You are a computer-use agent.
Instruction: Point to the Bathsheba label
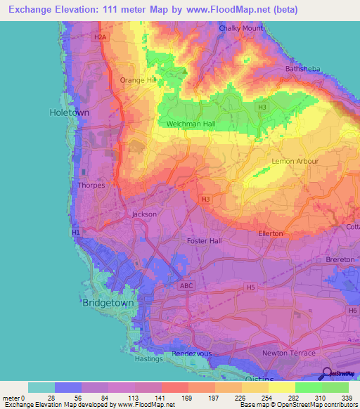coord(303,69)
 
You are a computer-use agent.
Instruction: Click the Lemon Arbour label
coord(295,161)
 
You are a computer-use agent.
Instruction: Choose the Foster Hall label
coord(205,241)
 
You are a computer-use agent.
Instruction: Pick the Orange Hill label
coord(137,80)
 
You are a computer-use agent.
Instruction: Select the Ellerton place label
coord(271,233)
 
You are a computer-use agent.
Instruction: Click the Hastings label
coord(148,358)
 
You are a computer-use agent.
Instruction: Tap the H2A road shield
coord(101,37)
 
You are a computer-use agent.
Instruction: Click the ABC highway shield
coord(186,286)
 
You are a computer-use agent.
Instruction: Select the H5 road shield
coord(250,287)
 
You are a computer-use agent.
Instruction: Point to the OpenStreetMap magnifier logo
coord(327,373)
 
